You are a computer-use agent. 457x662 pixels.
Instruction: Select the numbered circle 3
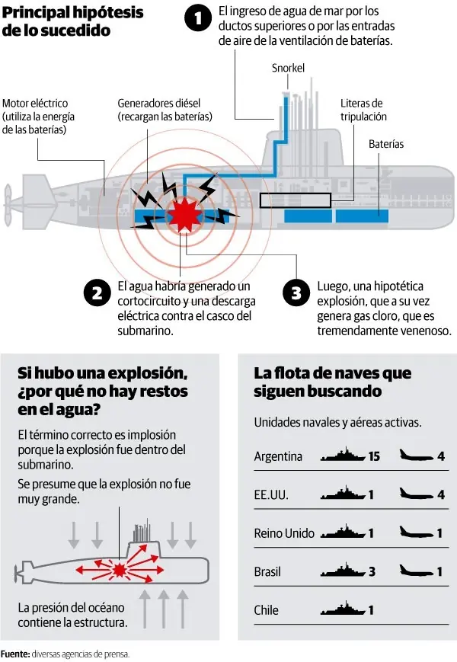pyautogui.click(x=296, y=293)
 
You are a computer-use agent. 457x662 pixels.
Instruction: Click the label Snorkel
pyautogui.click(x=288, y=69)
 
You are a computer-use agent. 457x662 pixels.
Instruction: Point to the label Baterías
pyautogui.click(x=386, y=144)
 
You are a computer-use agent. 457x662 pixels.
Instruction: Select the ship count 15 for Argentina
pyautogui.click(x=373, y=457)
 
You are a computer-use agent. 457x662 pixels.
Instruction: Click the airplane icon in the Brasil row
pyautogui.click(x=416, y=571)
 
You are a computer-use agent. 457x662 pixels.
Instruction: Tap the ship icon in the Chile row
pyautogui.click(x=344, y=610)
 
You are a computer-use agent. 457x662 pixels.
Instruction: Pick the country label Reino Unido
pyautogui.click(x=284, y=533)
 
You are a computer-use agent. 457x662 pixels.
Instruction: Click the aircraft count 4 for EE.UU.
pyautogui.click(x=441, y=495)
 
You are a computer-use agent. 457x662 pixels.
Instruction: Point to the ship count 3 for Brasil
pyautogui.click(x=371, y=571)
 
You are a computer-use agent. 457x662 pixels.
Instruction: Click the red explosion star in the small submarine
pyautogui.click(x=120, y=569)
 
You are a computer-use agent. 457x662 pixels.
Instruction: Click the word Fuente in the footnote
pyautogui.click(x=14, y=654)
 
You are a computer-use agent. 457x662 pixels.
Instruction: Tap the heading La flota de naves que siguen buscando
pyautogui.click(x=332, y=382)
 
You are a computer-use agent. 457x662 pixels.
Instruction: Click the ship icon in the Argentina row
pyautogui.click(x=344, y=457)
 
